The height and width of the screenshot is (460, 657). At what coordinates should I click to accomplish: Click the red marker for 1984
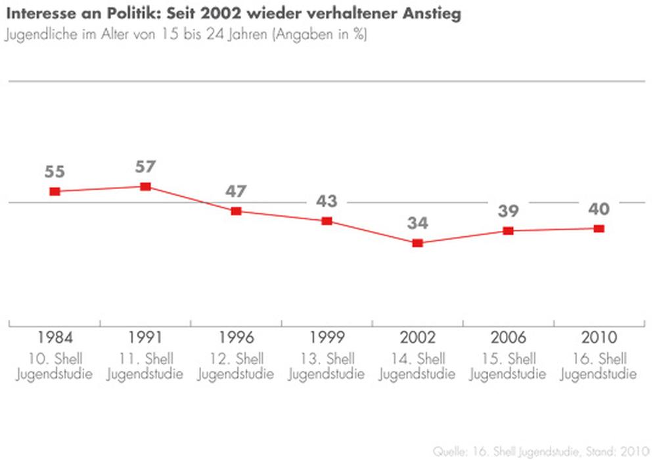click(x=55, y=191)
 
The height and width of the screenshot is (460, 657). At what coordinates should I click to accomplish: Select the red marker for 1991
click(x=146, y=186)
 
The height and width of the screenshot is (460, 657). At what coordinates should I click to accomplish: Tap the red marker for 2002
click(x=417, y=243)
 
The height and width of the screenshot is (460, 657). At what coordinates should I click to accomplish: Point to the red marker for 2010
click(x=599, y=228)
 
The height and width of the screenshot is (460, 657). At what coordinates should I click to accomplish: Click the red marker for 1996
click(x=237, y=211)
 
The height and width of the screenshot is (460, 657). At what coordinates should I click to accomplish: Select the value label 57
click(x=146, y=167)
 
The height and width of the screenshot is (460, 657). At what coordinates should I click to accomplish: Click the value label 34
click(x=417, y=223)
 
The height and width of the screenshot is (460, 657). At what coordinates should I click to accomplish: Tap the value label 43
click(x=327, y=201)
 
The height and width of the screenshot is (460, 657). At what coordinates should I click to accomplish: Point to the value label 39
click(x=508, y=211)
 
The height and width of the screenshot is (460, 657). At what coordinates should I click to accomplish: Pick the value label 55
click(x=55, y=172)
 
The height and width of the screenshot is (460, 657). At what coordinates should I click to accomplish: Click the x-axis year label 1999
click(x=327, y=338)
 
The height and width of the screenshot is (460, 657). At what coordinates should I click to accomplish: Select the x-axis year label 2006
click(x=508, y=338)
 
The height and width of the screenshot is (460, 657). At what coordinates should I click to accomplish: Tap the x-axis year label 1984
click(x=55, y=338)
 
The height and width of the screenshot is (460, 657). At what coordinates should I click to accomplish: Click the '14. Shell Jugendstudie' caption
click(x=417, y=367)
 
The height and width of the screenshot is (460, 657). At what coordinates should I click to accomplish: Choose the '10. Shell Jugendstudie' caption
click(x=55, y=367)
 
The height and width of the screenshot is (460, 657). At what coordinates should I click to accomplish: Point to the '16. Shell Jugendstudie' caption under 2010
click(x=599, y=367)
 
